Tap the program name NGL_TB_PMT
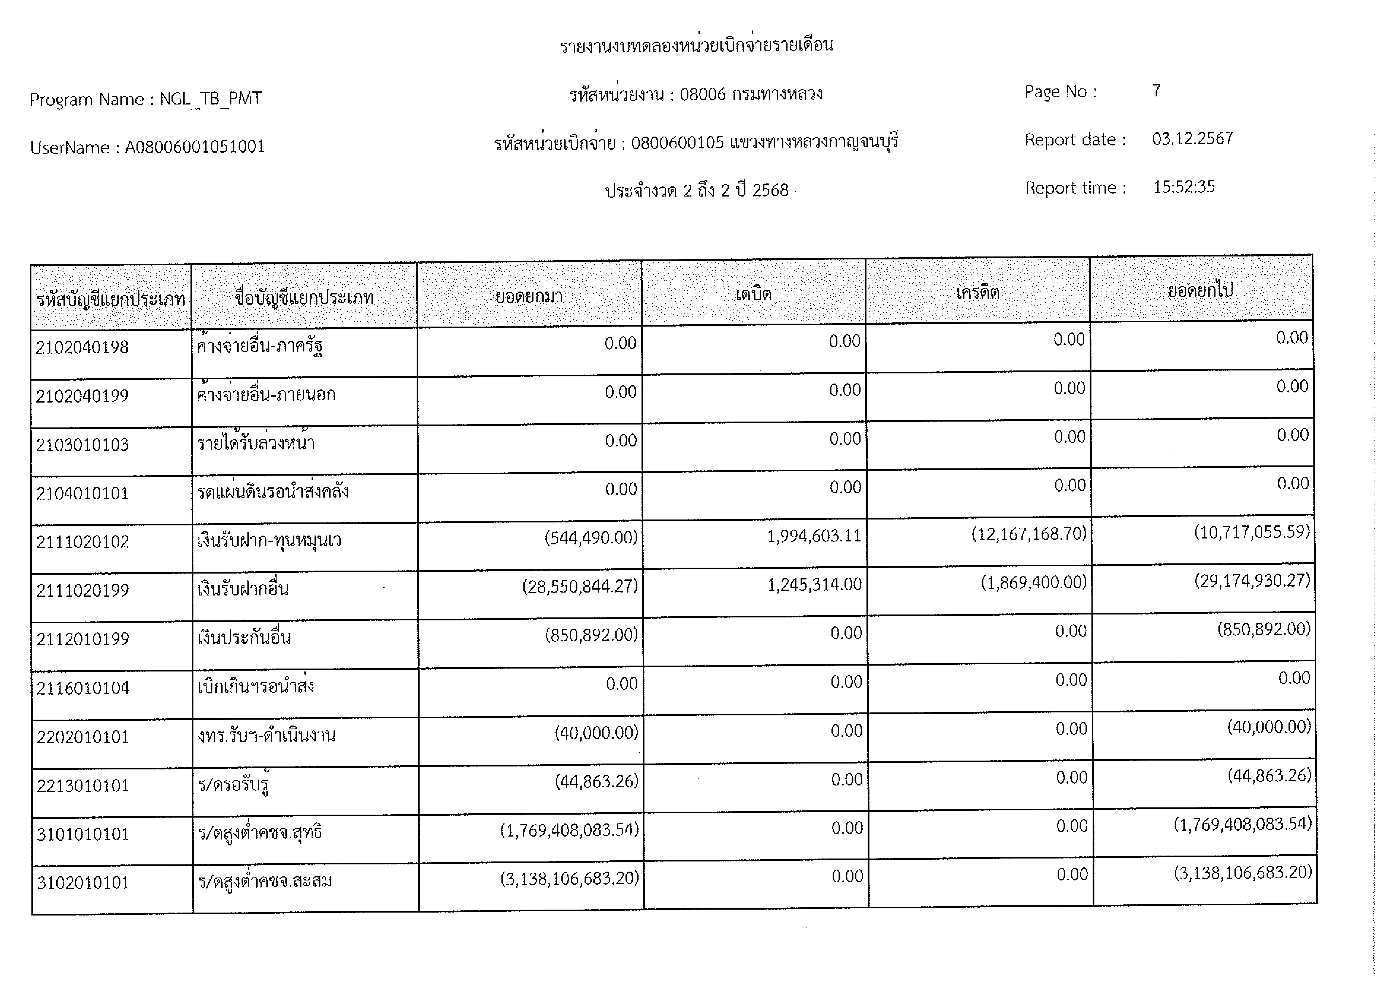tap(210, 99)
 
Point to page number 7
tap(1156, 91)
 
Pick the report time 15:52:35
tap(1184, 187)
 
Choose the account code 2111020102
tap(83, 542)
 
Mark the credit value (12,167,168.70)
tap(1029, 534)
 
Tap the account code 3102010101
tap(83, 883)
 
